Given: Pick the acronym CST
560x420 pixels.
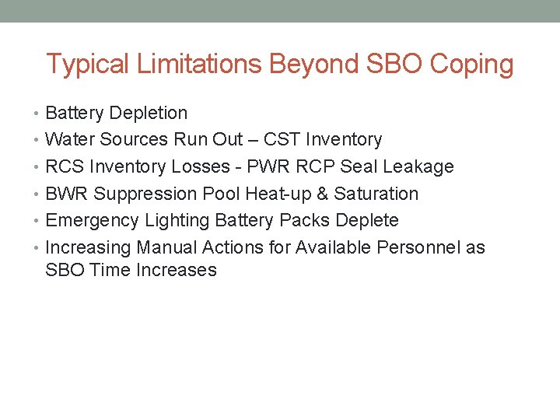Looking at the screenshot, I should (282, 140).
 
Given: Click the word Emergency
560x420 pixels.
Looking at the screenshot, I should (93, 221).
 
